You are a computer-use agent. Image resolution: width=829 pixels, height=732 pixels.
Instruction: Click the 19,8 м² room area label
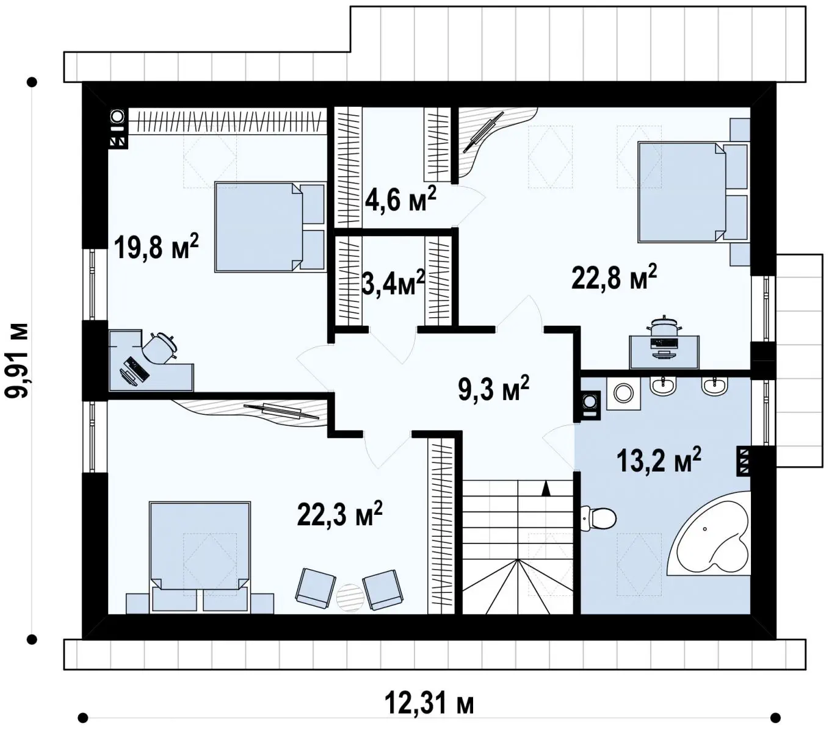(x=156, y=246)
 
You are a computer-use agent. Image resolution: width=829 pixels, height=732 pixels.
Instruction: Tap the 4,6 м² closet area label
(x=400, y=198)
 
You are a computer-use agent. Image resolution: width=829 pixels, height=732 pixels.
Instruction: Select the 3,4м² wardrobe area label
(x=393, y=282)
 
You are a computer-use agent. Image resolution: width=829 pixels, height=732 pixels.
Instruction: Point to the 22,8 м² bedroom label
(x=614, y=277)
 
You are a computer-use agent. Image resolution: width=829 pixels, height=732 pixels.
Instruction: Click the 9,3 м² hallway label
(x=493, y=388)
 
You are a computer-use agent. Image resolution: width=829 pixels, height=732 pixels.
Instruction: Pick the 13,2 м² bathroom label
(x=658, y=459)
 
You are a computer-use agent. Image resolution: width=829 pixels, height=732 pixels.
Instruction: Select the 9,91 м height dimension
(x=17, y=360)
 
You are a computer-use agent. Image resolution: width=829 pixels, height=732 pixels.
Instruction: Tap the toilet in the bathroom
(x=598, y=518)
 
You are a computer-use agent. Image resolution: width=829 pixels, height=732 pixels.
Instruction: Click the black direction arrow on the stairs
(x=545, y=489)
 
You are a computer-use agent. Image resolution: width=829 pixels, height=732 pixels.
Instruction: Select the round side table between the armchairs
(x=350, y=597)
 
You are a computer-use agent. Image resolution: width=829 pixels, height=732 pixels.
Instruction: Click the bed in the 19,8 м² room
(x=270, y=227)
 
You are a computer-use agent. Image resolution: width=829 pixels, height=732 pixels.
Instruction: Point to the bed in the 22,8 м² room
(x=694, y=192)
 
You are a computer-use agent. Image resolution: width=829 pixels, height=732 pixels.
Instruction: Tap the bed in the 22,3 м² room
(x=200, y=557)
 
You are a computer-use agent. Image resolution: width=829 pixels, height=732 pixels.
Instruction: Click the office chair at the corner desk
(x=161, y=348)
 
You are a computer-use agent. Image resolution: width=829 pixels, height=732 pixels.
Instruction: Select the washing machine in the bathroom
(x=623, y=393)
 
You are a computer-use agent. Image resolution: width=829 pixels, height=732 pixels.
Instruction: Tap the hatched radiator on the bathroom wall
(x=744, y=460)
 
